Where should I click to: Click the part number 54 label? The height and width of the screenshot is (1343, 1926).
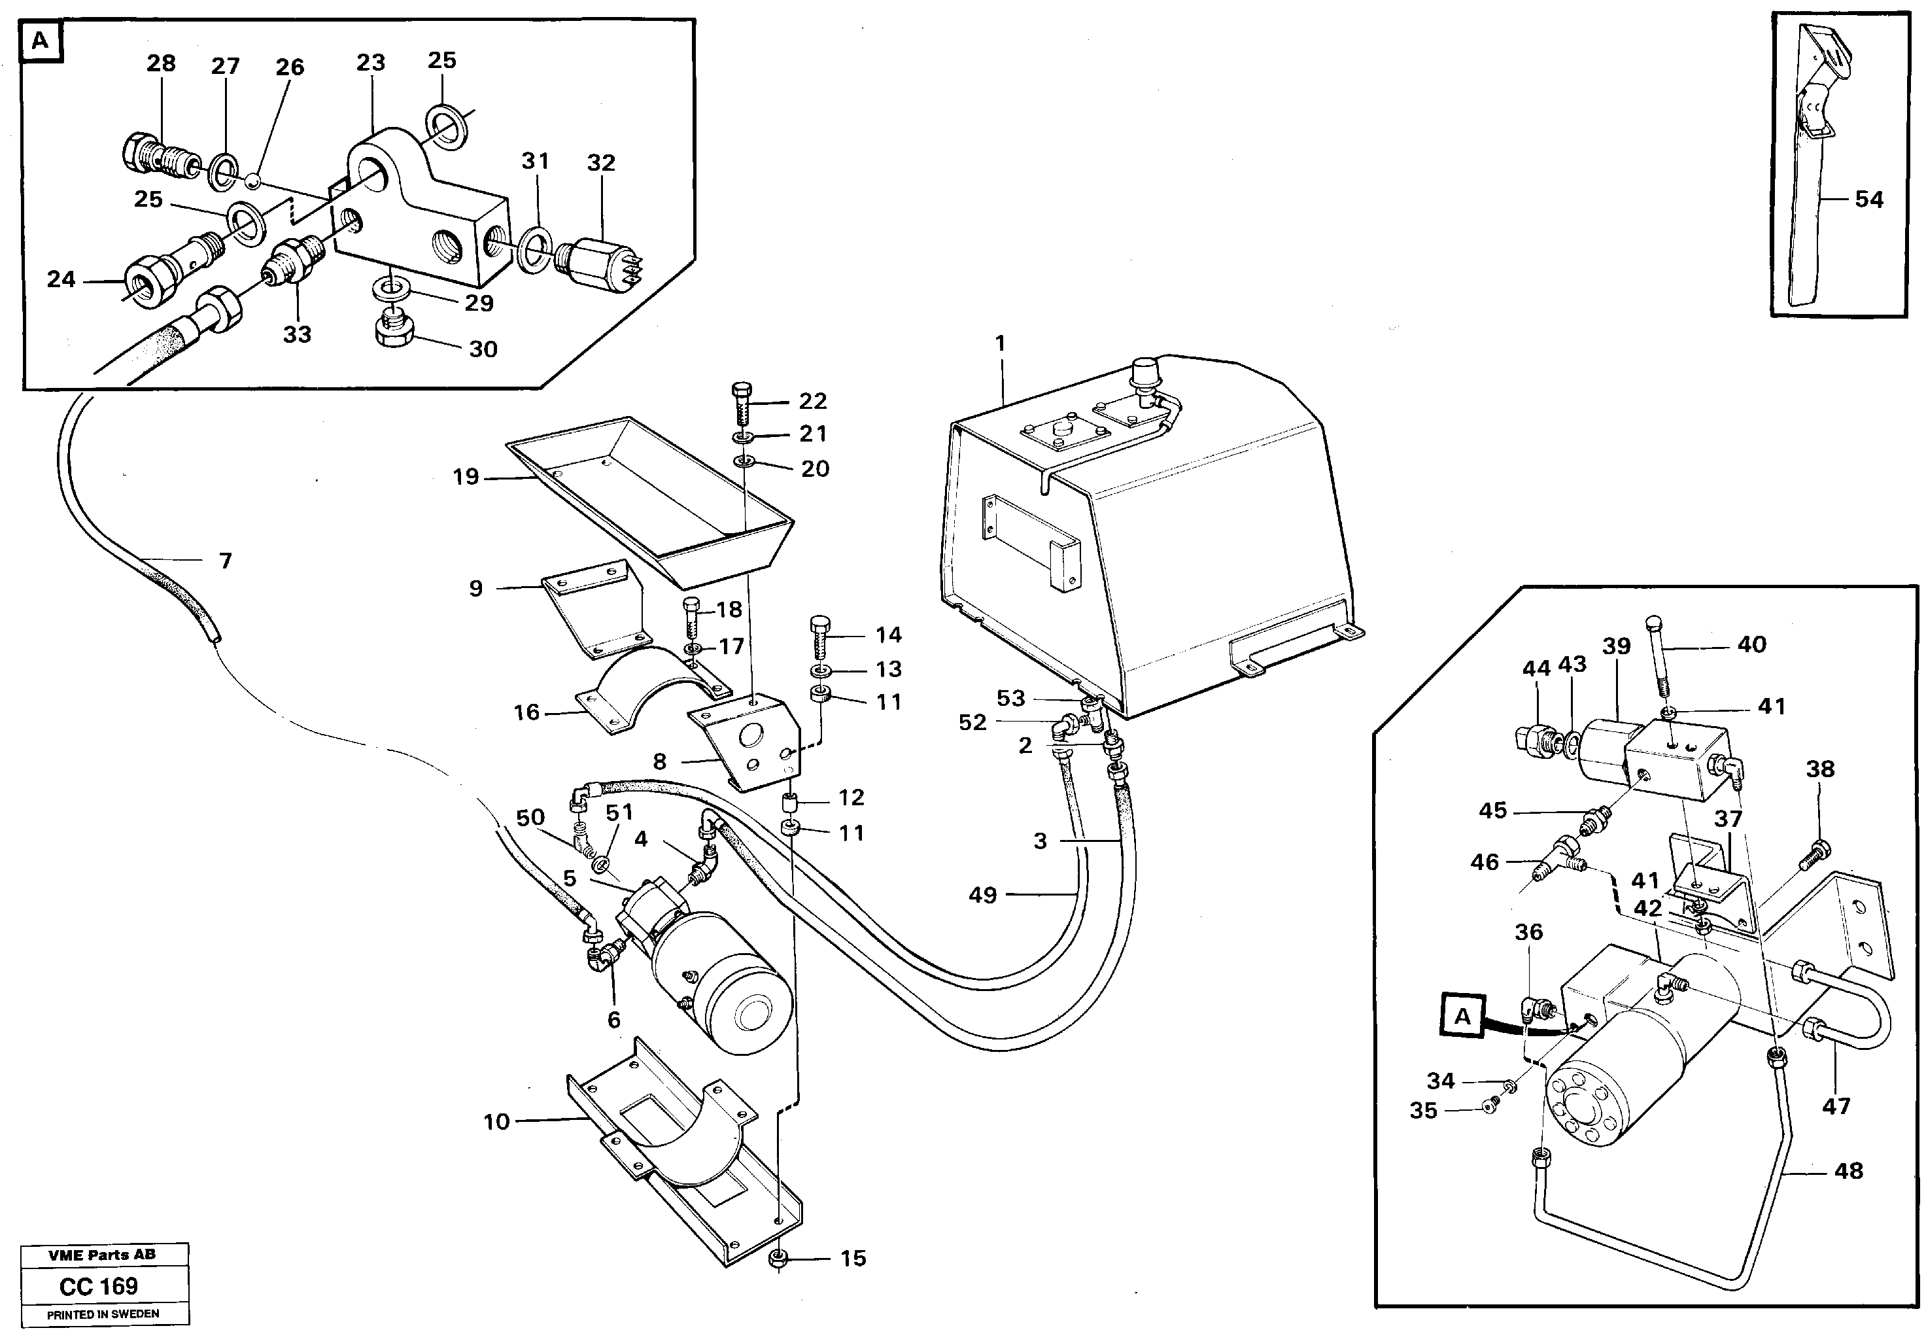click(x=1869, y=200)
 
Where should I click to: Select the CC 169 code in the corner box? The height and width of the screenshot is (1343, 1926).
click(x=99, y=1286)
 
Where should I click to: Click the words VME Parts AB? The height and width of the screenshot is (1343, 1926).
click(x=101, y=1255)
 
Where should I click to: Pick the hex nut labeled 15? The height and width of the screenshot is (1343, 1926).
click(x=777, y=1281)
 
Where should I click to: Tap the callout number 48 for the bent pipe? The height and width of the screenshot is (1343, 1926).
click(x=1849, y=1170)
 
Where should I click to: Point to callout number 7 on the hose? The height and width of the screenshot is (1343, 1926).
click(x=226, y=561)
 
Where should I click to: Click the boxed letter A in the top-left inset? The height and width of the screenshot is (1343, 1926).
click(x=41, y=41)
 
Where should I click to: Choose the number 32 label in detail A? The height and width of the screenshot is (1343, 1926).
click(x=602, y=163)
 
